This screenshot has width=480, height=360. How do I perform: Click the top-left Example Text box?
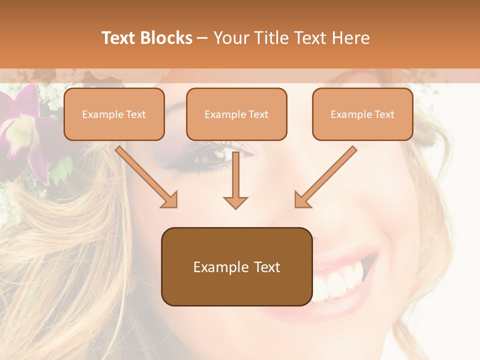(x=114, y=114)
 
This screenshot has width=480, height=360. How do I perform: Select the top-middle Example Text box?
(x=236, y=114)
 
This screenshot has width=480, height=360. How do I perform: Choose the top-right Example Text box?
(x=362, y=114)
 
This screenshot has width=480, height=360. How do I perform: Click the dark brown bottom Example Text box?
(x=236, y=266)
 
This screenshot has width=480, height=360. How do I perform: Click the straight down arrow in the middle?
(x=235, y=180)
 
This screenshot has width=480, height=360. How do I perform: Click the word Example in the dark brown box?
(x=214, y=267)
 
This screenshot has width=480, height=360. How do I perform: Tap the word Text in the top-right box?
(x=384, y=114)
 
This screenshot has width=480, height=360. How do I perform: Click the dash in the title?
(x=202, y=38)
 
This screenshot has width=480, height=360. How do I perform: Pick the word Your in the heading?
(x=228, y=38)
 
